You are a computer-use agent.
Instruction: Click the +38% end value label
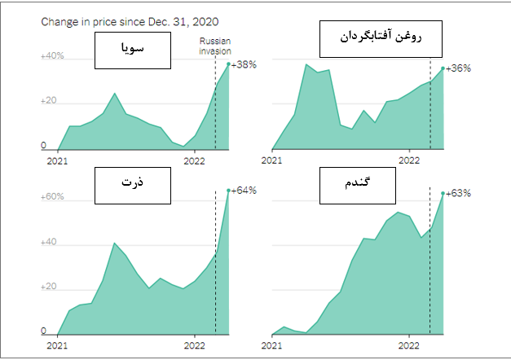click(244, 64)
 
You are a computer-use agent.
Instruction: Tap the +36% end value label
click(459, 68)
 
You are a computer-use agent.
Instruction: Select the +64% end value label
click(244, 191)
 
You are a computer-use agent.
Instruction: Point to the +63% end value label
click(459, 194)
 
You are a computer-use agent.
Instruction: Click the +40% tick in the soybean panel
click(52, 56)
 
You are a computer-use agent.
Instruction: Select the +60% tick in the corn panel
click(52, 197)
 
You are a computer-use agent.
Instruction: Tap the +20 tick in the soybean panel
click(50, 102)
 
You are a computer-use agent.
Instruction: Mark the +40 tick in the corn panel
click(50, 243)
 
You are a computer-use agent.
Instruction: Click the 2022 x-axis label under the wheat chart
click(409, 345)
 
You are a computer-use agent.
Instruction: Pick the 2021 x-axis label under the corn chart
click(57, 345)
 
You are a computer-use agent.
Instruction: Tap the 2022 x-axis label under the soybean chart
click(194, 160)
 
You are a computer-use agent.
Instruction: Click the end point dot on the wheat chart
click(443, 194)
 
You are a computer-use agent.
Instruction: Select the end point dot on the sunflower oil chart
click(443, 68)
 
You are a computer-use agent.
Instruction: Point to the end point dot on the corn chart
click(227, 191)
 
